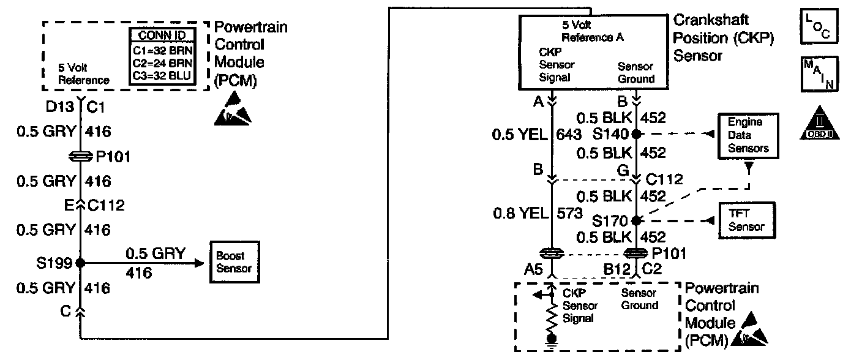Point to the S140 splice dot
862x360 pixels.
point(636,133)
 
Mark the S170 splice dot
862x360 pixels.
point(636,220)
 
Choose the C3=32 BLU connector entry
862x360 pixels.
point(162,76)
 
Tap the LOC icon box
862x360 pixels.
point(818,27)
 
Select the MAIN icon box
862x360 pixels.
point(818,74)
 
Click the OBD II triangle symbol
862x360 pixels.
point(819,125)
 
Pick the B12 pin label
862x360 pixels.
point(618,268)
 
